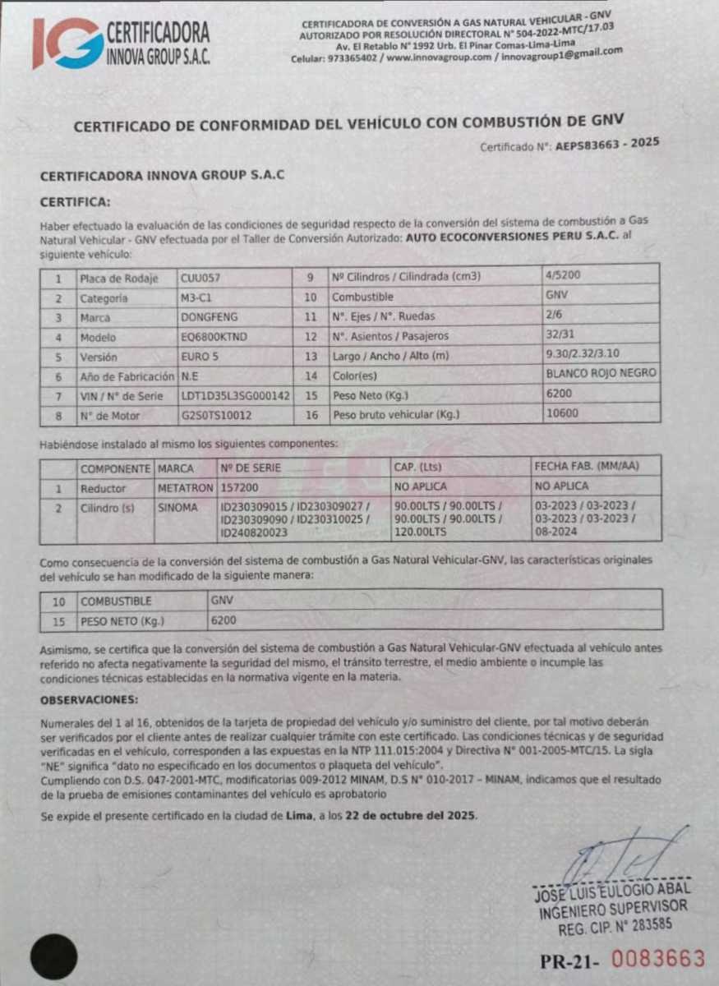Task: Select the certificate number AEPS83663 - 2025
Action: click(x=607, y=143)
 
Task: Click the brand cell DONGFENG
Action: click(x=208, y=317)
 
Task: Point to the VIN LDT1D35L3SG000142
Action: click(x=235, y=395)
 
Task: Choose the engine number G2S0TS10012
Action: click(x=216, y=415)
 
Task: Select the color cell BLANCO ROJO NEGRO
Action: click(x=600, y=373)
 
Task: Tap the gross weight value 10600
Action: click(x=562, y=413)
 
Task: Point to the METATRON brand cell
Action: click(x=185, y=487)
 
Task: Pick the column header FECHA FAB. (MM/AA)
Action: click(x=585, y=467)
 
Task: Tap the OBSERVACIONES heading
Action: click(x=90, y=700)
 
